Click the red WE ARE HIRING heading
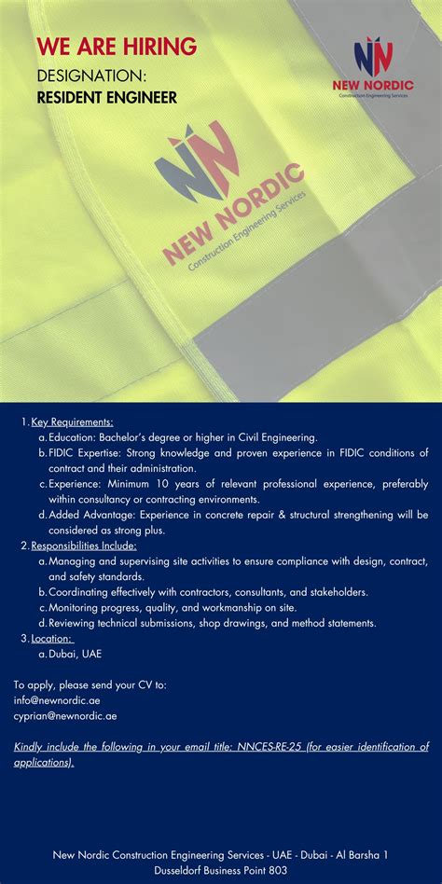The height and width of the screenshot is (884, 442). click(x=117, y=46)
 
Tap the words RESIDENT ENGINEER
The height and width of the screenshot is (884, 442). click(x=106, y=97)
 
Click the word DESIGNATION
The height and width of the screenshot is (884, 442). click(x=90, y=74)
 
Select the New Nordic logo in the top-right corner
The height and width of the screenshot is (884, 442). click(x=373, y=66)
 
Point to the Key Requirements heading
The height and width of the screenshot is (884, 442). click(x=72, y=421)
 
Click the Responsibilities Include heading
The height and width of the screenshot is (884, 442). click(x=84, y=546)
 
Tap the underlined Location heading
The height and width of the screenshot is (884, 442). click(x=52, y=638)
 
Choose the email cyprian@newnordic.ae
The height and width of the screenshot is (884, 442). click(x=65, y=716)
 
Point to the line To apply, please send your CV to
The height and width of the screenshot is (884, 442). click(x=90, y=684)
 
